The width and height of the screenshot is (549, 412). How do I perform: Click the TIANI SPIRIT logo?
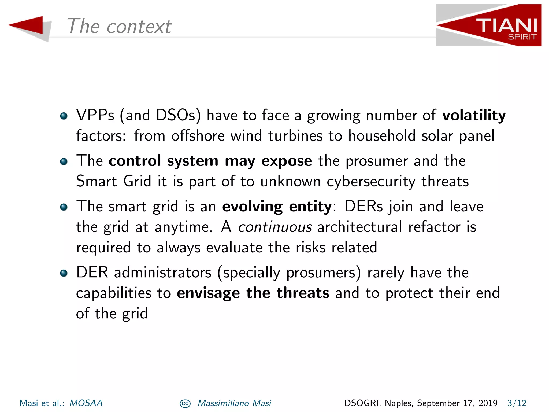(489, 25)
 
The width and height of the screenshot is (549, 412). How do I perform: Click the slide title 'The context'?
(119, 26)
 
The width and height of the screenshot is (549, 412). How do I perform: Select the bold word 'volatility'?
(474, 116)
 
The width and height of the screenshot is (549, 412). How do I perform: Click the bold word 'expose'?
(287, 161)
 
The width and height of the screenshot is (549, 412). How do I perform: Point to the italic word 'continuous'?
(275, 227)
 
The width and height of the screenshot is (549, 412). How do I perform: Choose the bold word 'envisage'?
(208, 293)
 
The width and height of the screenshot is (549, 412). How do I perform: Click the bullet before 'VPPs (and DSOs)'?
(64, 116)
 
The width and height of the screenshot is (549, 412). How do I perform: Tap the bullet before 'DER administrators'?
(64, 273)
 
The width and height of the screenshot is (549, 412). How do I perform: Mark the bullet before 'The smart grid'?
(64, 207)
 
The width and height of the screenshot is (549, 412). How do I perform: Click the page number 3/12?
(517, 403)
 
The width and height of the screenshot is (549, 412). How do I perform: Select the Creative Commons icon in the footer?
(185, 403)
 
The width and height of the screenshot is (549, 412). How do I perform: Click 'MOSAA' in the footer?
(86, 403)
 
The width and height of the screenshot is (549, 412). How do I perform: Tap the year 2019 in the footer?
(488, 403)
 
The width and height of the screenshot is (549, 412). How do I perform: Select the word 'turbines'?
(295, 136)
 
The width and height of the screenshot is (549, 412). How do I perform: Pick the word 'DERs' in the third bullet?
(363, 207)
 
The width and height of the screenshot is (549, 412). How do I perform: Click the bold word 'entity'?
(310, 207)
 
